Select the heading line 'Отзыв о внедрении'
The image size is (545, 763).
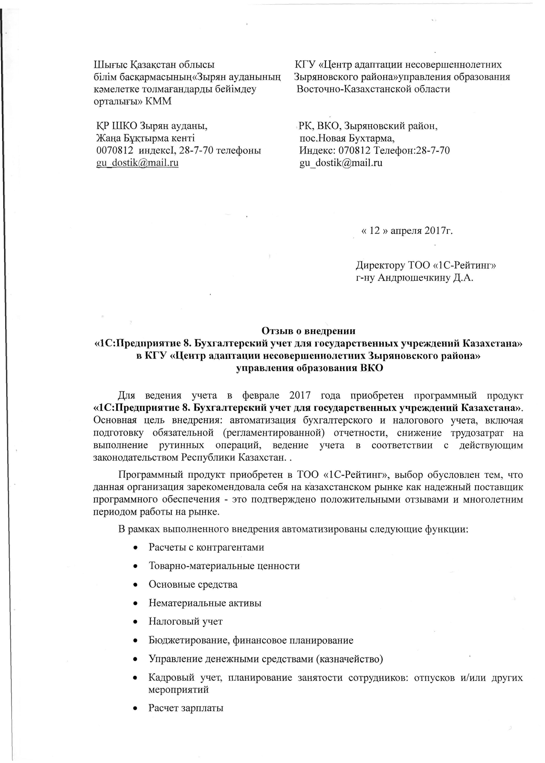308,331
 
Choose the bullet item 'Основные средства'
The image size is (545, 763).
193,584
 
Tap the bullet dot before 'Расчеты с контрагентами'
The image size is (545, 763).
135,548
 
